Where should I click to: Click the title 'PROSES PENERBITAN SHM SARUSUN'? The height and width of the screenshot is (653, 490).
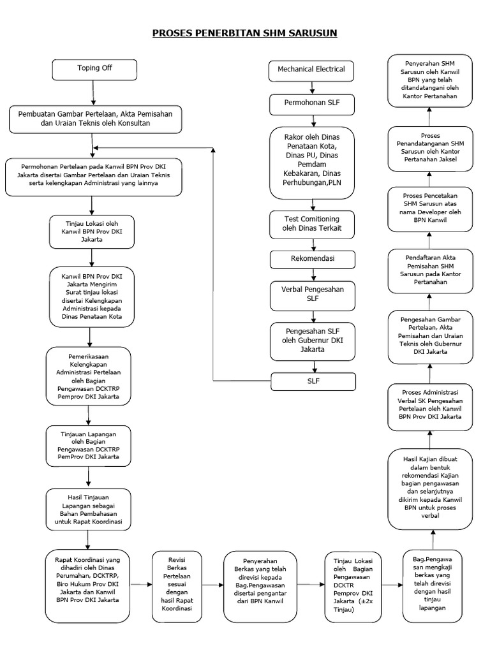pyautogui.click(x=244, y=32)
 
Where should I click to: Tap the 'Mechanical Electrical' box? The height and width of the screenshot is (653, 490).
pyautogui.click(x=312, y=69)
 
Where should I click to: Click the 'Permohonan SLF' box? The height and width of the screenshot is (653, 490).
pyautogui.click(x=312, y=102)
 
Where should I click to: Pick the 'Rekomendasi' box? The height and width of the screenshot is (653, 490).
pyautogui.click(x=312, y=260)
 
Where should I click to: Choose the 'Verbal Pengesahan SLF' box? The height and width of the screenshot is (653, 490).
pyautogui.click(x=312, y=293)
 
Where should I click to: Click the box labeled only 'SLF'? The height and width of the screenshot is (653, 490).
pyautogui.click(x=312, y=381)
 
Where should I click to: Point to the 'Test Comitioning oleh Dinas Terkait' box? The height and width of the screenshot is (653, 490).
pyautogui.click(x=312, y=224)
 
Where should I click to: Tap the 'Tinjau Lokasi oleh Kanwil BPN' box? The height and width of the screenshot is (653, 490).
pyautogui.click(x=92, y=231)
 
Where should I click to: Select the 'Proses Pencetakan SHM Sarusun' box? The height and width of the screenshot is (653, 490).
pyautogui.click(x=430, y=209)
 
